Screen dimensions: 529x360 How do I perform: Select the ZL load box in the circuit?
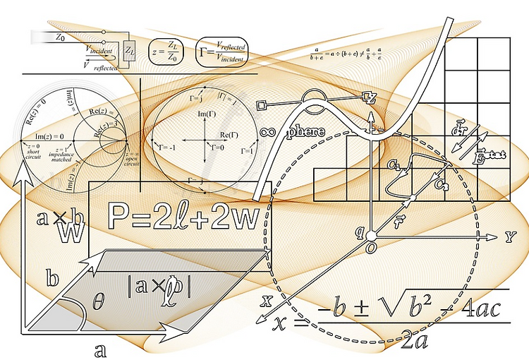[129, 50]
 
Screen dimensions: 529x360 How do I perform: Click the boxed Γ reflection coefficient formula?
[221, 51]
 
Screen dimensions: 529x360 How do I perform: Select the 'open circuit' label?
[131, 156]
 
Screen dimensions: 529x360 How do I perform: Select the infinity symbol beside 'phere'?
[267, 131]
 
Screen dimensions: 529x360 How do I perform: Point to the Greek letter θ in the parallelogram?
[98, 303]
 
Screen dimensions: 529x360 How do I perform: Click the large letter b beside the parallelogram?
[51, 277]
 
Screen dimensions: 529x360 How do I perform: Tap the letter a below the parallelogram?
[100, 349]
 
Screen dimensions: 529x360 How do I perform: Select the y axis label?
[510, 236]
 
